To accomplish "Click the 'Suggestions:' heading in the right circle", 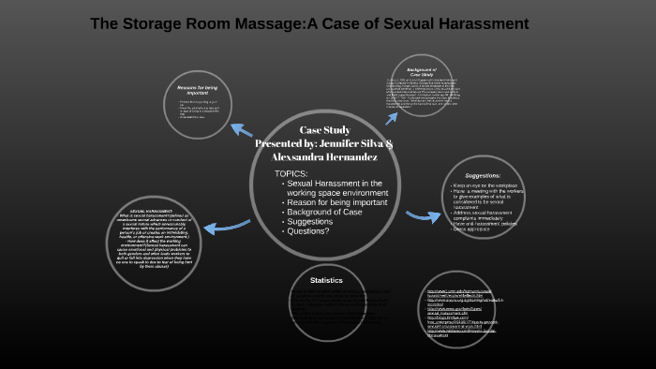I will pyautogui.click(x=483, y=175).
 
